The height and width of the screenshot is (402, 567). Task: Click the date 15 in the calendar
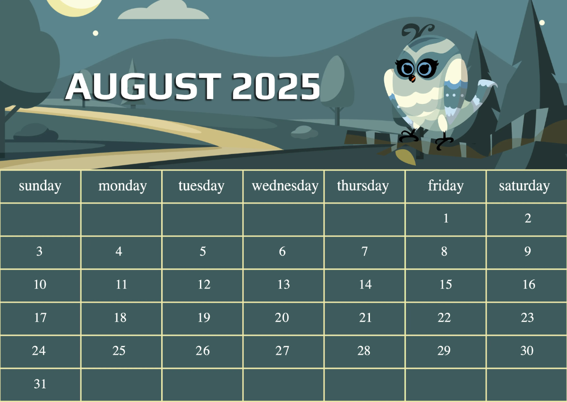(x=446, y=284)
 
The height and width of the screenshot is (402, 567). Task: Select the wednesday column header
(x=285, y=186)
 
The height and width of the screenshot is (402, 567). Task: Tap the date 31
(x=40, y=384)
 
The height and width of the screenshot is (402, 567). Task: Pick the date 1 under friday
(x=446, y=218)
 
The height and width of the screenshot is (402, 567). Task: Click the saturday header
(x=524, y=186)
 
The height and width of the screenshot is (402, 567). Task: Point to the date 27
(x=282, y=351)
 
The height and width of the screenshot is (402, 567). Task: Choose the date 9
(x=527, y=251)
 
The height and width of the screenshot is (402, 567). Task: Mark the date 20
(x=282, y=317)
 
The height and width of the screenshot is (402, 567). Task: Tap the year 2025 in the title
(x=276, y=87)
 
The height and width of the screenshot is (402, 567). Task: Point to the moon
(x=76, y=5)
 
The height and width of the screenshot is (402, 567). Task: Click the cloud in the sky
(x=163, y=11)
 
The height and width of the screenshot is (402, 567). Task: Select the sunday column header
(x=40, y=186)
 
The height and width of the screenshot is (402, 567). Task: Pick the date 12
(x=204, y=284)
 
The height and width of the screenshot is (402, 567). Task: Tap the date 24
(x=39, y=351)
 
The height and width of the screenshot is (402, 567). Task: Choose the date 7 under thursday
(x=364, y=251)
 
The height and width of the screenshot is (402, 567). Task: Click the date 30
(x=527, y=351)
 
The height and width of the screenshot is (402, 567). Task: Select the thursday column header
(x=363, y=186)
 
